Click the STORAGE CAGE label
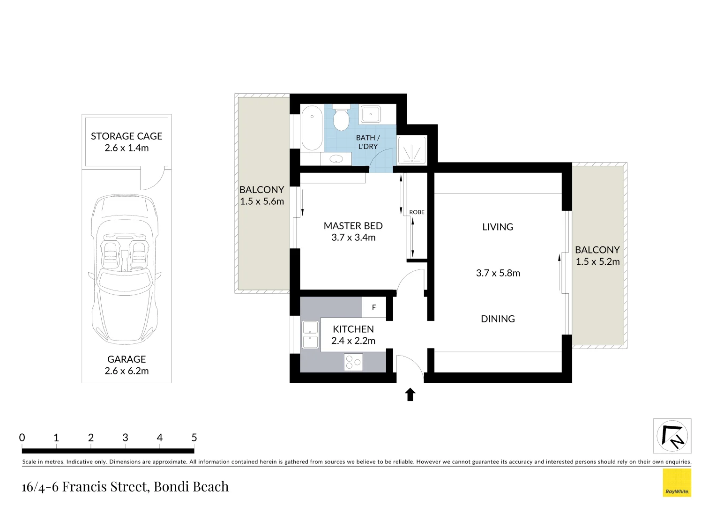click(127, 136)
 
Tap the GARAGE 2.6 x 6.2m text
click(127, 365)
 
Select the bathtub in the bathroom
click(312, 127)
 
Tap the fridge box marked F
click(374, 307)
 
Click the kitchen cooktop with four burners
click(353, 362)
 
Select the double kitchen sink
click(310, 335)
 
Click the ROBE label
click(417, 212)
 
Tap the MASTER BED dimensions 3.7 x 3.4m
click(353, 238)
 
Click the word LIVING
click(498, 227)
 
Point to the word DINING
click(498, 319)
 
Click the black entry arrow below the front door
click(410, 394)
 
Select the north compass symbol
click(672, 436)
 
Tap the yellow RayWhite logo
click(677, 483)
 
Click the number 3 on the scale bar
click(125, 438)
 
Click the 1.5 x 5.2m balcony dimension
click(597, 262)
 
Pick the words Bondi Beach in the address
click(191, 487)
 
